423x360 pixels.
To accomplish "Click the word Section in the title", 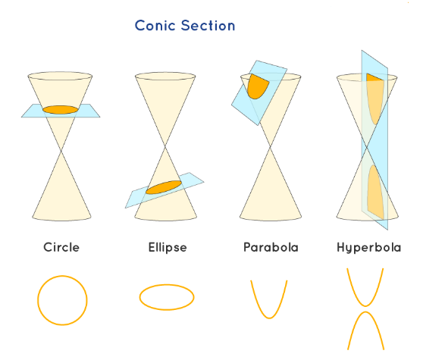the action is pos(208,26).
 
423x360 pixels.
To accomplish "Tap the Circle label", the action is pos(61,247).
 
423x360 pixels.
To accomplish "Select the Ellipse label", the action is pos(168,248).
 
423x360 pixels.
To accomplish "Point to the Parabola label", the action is pos(271,247).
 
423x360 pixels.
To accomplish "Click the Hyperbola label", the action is pos(368,248).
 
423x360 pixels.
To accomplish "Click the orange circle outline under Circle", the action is pos(38,300).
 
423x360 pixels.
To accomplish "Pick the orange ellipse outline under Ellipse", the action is pos(139,297).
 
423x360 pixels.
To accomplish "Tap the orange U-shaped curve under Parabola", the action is pos(269,318).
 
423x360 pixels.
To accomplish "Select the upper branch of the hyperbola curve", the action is pos(365,305).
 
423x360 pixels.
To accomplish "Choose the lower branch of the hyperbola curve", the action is pos(365,312).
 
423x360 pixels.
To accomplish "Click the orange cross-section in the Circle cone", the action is pos(61,110).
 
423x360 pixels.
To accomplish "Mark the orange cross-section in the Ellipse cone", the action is pos(164,187).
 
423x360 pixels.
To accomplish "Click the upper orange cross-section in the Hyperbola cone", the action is pos(374,97).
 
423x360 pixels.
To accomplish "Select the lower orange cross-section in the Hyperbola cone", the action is pos(375,192).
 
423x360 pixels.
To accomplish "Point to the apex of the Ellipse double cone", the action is pos(165,147).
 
